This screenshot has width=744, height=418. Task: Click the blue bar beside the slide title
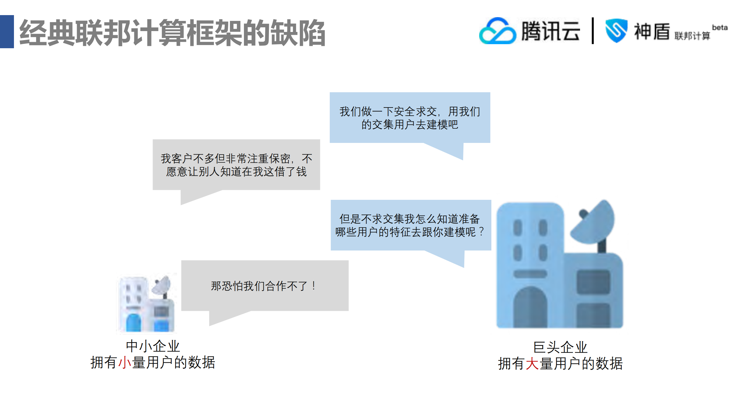(7, 31)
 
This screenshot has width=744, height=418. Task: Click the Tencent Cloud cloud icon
(497, 31)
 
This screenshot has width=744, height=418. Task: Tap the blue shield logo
(616, 31)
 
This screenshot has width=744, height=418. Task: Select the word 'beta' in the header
(720, 28)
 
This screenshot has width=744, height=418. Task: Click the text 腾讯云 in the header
(550, 31)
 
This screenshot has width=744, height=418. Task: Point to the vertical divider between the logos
(593, 31)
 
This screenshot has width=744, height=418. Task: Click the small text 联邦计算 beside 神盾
(692, 36)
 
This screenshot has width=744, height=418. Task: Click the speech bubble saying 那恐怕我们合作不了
(265, 286)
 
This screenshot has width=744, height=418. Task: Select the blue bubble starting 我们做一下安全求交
(410, 118)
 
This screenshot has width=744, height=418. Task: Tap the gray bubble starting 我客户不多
(236, 165)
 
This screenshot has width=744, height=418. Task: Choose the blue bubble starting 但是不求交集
(411, 225)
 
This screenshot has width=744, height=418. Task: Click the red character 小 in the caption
(125, 363)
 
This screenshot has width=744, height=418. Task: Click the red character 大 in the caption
(532, 364)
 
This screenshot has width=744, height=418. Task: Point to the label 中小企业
(153, 346)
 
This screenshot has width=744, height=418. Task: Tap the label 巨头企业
(560, 347)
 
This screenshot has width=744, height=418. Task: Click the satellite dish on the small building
(162, 285)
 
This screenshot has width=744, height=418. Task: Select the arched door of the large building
(530, 308)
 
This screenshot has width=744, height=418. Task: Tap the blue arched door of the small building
(133, 322)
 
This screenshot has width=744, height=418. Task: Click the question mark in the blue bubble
(482, 232)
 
